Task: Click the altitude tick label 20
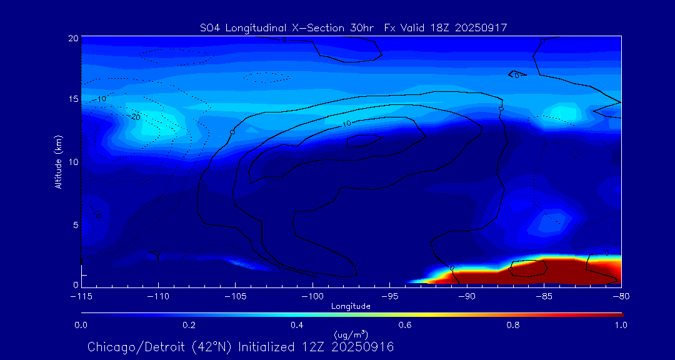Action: [72, 38]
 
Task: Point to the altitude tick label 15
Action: [72, 99]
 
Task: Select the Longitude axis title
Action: [351, 306]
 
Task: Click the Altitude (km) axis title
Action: [58, 162]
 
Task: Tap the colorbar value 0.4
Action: [297, 325]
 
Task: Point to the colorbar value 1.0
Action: [621, 325]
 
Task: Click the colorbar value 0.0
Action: [81, 325]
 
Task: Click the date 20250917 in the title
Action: [482, 27]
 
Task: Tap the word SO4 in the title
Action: [210, 27]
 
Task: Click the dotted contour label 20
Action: [135, 117]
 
